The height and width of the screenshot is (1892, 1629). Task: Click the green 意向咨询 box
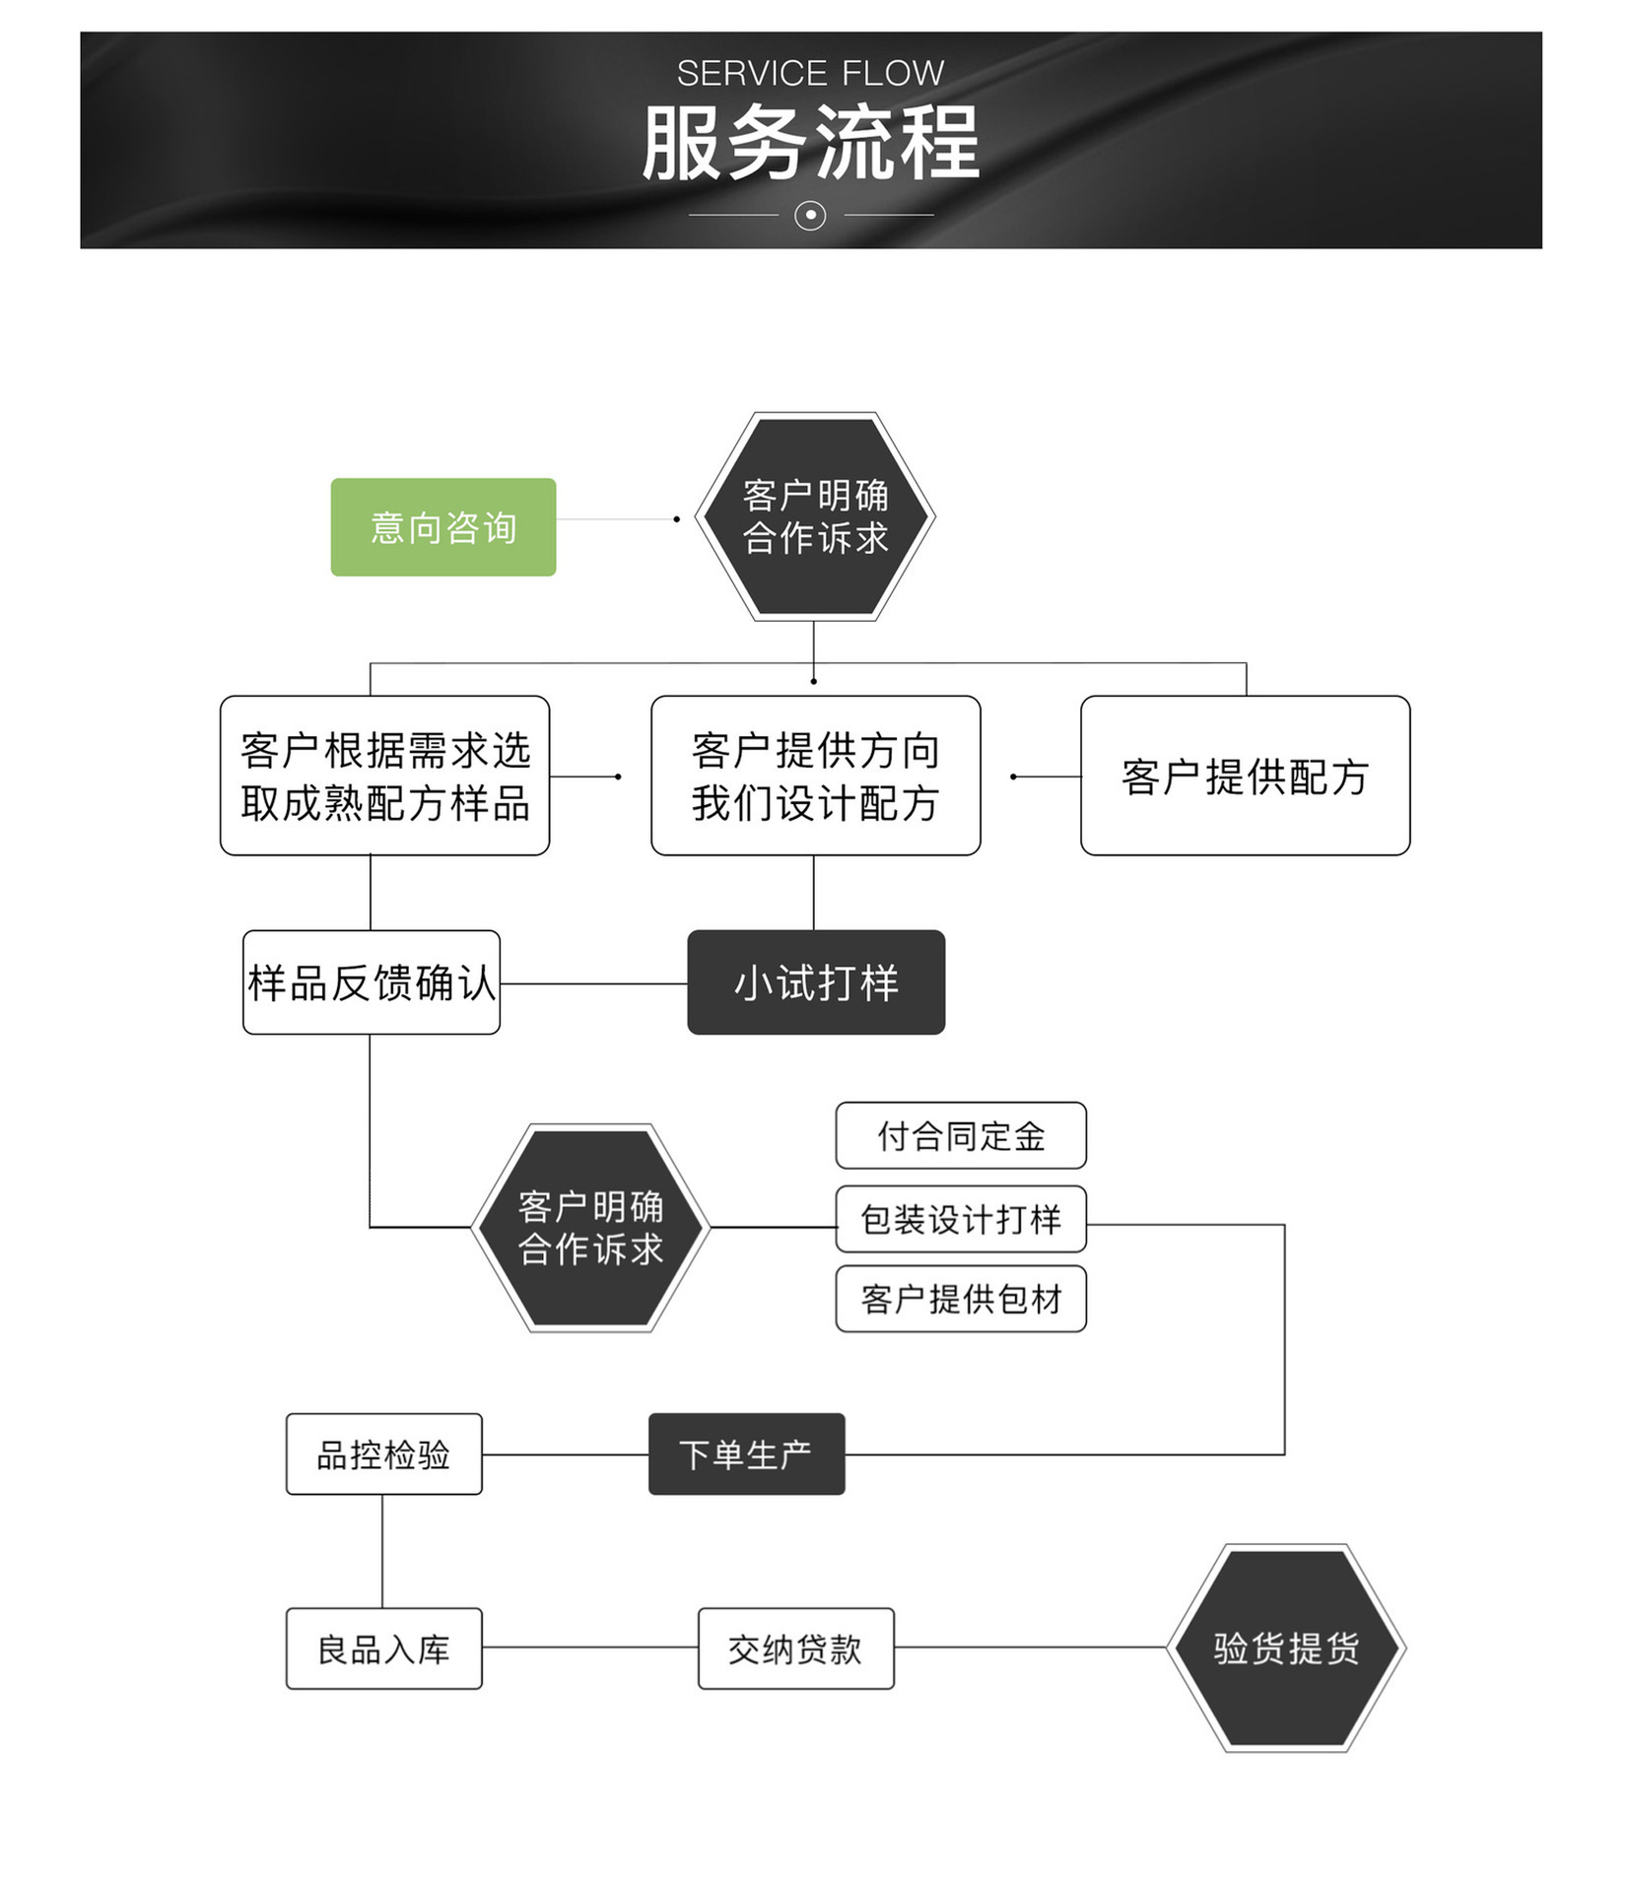(x=442, y=527)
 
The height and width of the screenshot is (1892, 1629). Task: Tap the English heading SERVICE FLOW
(x=810, y=73)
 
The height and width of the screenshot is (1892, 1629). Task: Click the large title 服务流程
(x=810, y=143)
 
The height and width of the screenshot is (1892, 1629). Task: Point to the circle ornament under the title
(x=810, y=215)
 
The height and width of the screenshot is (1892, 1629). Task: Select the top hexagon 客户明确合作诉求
(x=815, y=516)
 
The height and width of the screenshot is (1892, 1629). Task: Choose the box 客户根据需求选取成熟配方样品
(x=384, y=776)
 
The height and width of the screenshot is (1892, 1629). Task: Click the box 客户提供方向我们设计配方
(x=815, y=776)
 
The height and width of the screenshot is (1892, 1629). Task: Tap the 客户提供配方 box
(x=1245, y=776)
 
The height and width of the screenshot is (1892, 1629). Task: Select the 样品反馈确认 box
(x=371, y=982)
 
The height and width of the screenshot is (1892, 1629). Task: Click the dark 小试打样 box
(x=816, y=982)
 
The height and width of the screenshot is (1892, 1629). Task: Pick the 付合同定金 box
(x=961, y=1135)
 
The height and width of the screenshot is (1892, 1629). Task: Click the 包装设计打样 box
(x=961, y=1219)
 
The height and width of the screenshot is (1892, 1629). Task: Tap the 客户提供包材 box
(x=961, y=1299)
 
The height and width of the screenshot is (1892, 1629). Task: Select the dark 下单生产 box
(x=746, y=1453)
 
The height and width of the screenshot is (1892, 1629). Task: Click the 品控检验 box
(x=383, y=1453)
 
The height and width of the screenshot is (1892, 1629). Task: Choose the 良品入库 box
(x=383, y=1649)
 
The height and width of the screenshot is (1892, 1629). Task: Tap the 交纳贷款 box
(x=795, y=1649)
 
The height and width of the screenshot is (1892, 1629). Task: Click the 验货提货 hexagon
(x=1286, y=1648)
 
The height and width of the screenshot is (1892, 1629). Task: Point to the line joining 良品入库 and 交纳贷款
(x=589, y=1647)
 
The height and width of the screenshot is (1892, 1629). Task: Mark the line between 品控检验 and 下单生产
(x=565, y=1454)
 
